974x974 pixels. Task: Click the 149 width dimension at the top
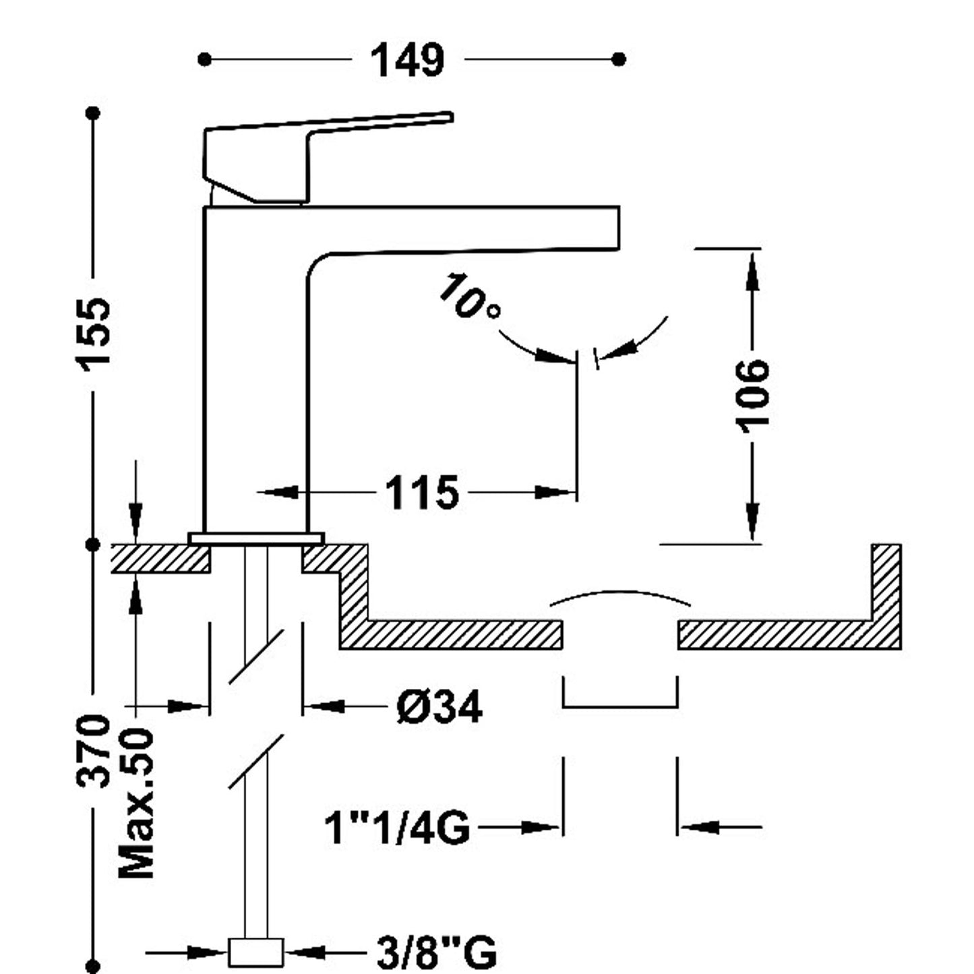pyautogui.click(x=408, y=60)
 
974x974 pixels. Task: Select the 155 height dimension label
pyautogui.click(x=92, y=331)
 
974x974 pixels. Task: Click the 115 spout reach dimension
pyautogui.click(x=422, y=492)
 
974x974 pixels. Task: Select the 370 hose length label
pyautogui.click(x=92, y=752)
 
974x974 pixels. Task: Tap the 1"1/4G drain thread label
pyautogui.click(x=397, y=827)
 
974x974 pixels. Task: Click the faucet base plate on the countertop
pyautogui.click(x=256, y=538)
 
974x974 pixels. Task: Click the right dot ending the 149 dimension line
pyautogui.click(x=619, y=59)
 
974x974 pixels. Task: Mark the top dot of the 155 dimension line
pyautogui.click(x=93, y=113)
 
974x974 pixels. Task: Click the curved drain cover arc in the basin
pyautogui.click(x=620, y=596)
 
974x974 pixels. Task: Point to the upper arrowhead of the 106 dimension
pyautogui.click(x=752, y=270)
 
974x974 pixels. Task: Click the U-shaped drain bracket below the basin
pyautogui.click(x=620, y=704)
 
